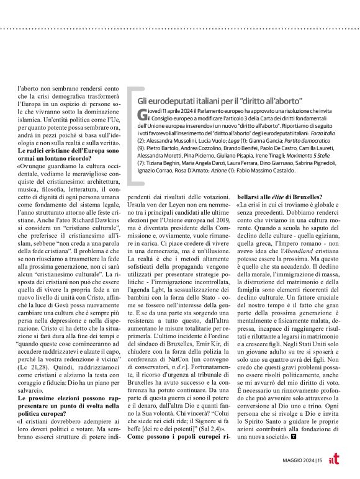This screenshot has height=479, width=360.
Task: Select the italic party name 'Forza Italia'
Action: (x=329, y=135)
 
